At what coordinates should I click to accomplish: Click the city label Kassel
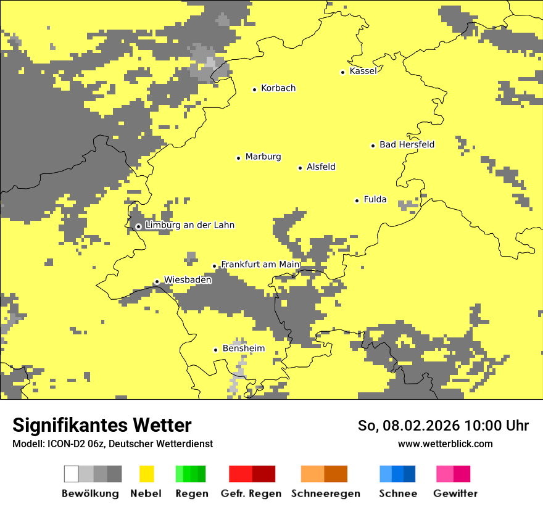(x=363, y=71)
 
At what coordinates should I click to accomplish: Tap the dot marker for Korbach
(x=254, y=89)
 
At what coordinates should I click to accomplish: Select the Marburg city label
(x=263, y=157)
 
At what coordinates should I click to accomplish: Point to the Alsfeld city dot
(x=301, y=168)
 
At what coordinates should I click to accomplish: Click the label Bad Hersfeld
(x=407, y=145)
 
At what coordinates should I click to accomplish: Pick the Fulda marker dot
(x=357, y=200)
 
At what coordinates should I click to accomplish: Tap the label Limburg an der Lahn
(x=189, y=225)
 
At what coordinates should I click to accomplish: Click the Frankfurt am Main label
(x=260, y=265)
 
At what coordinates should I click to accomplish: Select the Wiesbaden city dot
(x=157, y=282)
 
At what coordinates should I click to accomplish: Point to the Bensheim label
(x=243, y=349)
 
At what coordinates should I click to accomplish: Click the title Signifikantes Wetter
(x=102, y=425)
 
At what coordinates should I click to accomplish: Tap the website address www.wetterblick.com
(x=445, y=444)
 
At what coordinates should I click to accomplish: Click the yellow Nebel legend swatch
(x=146, y=474)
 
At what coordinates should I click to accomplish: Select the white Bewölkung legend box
(x=72, y=474)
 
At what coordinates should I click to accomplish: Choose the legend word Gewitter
(x=455, y=493)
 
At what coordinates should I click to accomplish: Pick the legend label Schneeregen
(x=325, y=493)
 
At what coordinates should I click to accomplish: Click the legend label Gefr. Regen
(x=251, y=493)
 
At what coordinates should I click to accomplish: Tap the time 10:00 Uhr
(x=497, y=426)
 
